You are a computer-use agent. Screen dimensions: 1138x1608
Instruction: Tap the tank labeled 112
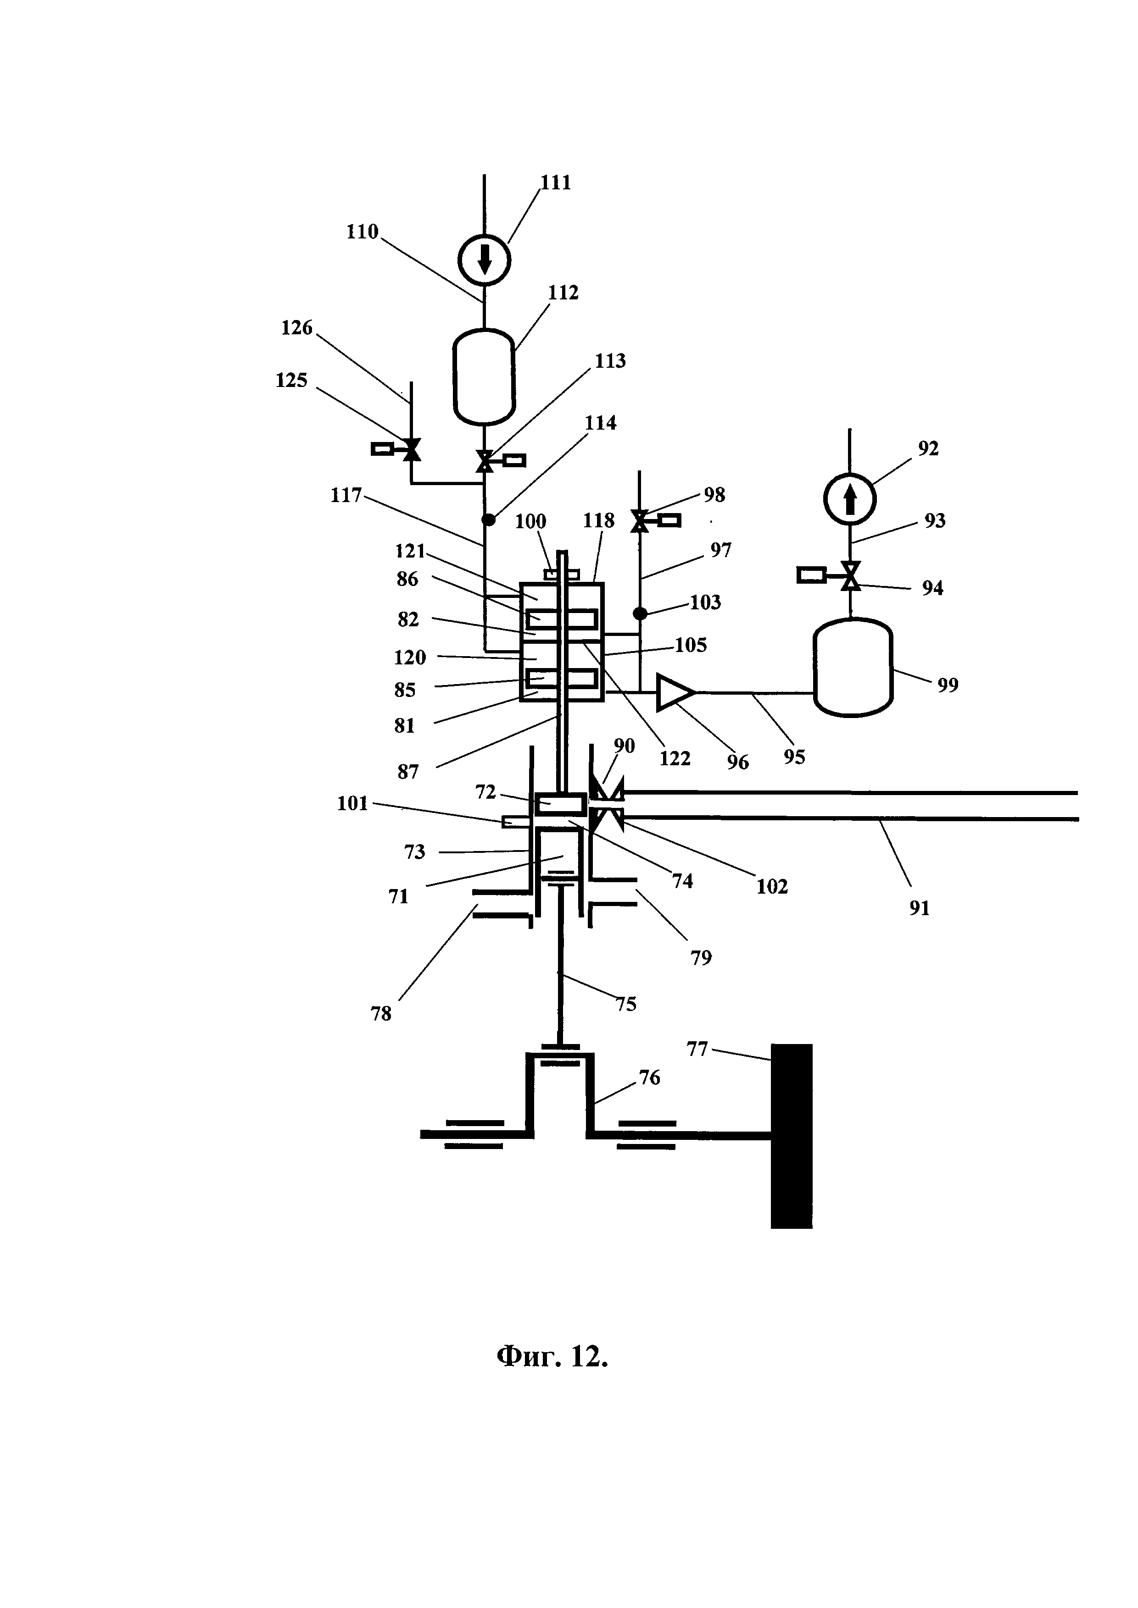point(484,377)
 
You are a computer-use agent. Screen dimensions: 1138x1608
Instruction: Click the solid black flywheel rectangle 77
point(792,1136)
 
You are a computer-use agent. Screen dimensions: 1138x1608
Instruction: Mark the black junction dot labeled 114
point(488,519)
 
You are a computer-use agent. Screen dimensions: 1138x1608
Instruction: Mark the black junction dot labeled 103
point(640,613)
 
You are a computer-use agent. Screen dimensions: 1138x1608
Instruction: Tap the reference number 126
point(297,328)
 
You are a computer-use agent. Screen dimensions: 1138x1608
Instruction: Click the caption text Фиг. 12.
point(552,1357)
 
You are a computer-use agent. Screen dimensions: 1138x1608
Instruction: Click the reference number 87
point(408,773)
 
